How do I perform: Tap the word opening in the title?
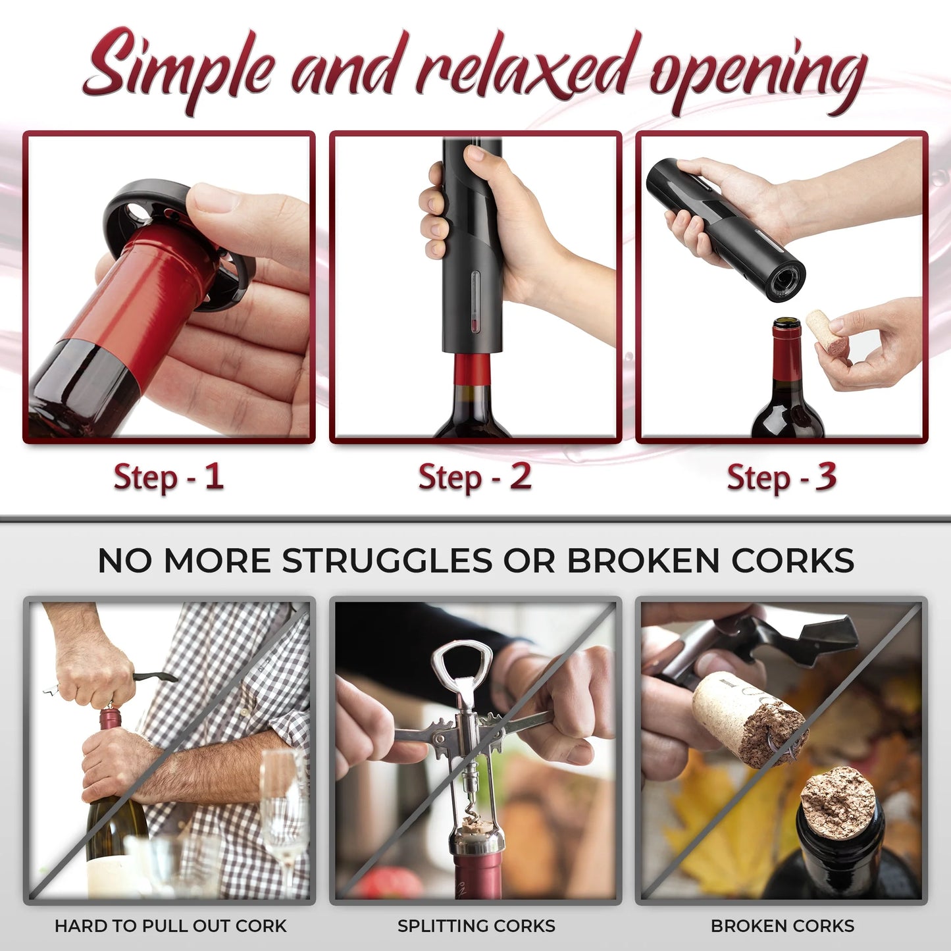(758, 79)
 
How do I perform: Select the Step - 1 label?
(168, 476)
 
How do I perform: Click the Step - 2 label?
(475, 476)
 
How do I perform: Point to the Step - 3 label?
(782, 476)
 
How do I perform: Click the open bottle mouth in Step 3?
(786, 324)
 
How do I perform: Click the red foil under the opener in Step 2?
(472, 369)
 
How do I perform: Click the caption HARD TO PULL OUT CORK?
(170, 926)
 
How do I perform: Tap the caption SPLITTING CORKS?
(476, 926)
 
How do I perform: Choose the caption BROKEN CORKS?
(783, 926)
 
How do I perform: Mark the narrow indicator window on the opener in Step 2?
(475, 301)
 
